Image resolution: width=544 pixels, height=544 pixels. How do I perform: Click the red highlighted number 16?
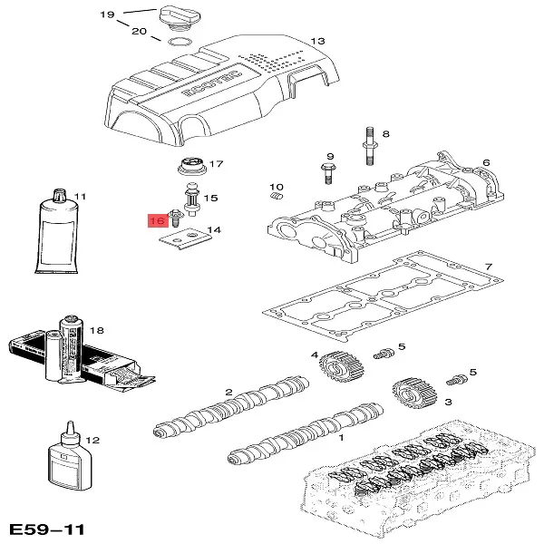click(x=156, y=219)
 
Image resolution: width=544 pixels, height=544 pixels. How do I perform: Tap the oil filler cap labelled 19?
click(x=172, y=19)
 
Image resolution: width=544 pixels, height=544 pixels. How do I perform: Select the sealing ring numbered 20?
click(x=179, y=41)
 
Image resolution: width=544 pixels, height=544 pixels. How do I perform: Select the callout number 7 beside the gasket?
click(x=488, y=267)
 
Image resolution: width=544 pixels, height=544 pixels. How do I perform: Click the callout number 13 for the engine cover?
click(x=316, y=42)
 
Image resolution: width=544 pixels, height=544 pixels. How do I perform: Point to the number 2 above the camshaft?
click(x=229, y=392)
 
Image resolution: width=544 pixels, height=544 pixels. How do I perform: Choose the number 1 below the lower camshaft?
click(x=340, y=436)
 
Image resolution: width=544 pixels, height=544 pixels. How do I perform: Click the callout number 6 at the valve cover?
click(x=486, y=163)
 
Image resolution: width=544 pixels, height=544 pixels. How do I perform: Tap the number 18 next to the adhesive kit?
click(x=97, y=330)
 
